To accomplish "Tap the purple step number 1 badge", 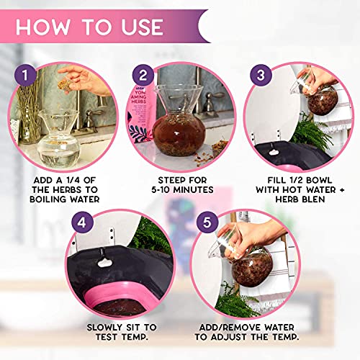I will [27, 76].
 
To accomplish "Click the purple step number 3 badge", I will [261, 76].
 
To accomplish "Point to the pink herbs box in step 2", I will [140, 115].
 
